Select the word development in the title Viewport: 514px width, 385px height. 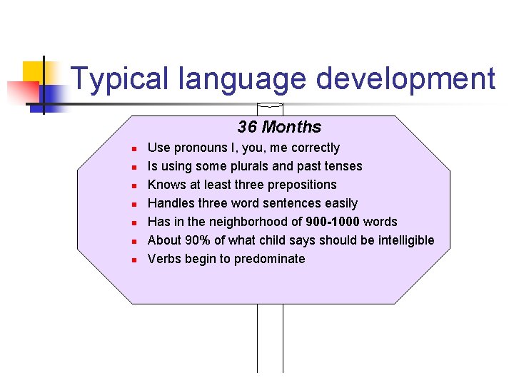click(x=405, y=79)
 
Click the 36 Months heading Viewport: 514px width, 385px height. click(x=279, y=127)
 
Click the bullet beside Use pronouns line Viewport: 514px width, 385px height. click(x=133, y=149)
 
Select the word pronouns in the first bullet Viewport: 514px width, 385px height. click(x=202, y=148)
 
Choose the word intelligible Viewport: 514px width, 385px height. click(x=400, y=240)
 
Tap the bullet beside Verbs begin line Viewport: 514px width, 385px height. click(x=133, y=260)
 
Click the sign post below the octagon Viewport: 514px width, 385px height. click(x=270, y=339)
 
